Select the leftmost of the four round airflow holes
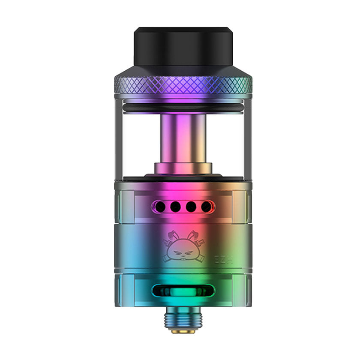(160, 207)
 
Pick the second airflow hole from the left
(175, 207)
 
